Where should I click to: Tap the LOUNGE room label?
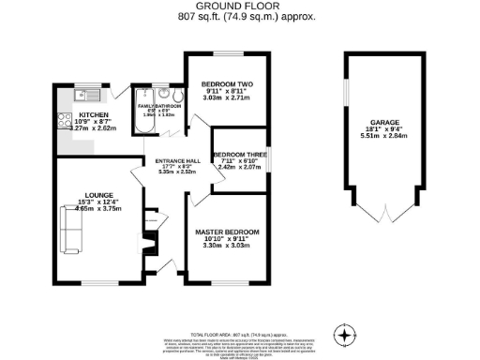click(x=80, y=195)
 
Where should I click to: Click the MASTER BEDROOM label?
click(x=227, y=231)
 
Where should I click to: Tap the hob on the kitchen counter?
click(x=65, y=120)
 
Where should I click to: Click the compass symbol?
click(x=347, y=335)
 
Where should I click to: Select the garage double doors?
click(x=383, y=215)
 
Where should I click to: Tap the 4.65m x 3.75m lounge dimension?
click(x=80, y=211)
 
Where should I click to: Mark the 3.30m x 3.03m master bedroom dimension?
click(x=227, y=247)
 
